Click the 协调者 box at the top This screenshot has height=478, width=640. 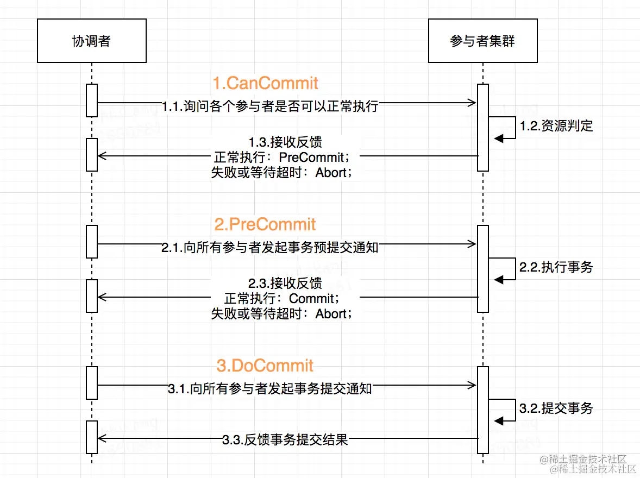point(91,41)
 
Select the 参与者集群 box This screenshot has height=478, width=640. point(482,41)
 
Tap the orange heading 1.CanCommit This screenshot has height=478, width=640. point(265,83)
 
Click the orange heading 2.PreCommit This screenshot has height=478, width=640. point(265,224)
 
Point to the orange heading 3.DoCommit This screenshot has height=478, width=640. point(265,366)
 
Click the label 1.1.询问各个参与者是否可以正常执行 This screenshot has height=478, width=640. point(270,106)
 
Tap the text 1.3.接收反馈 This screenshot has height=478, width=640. point(285,143)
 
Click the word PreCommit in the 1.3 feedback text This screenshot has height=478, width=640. point(311,158)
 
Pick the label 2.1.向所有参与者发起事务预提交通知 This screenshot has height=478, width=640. point(270,248)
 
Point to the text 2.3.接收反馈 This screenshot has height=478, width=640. point(285,284)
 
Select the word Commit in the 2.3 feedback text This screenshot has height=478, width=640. point(311,299)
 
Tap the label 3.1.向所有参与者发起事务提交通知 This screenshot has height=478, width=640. point(270,389)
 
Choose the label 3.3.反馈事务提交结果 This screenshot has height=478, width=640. point(285,439)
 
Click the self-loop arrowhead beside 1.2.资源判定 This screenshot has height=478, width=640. point(499,139)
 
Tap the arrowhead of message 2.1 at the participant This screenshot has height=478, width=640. point(473,244)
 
